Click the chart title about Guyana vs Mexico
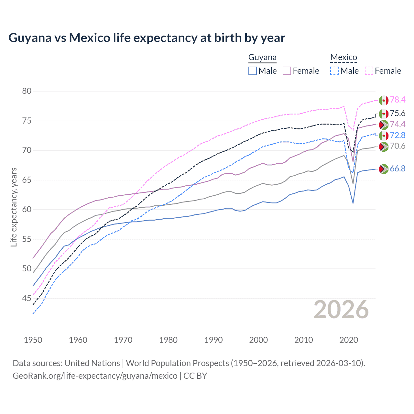pyautogui.click(x=147, y=38)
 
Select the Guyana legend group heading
pyautogui.click(x=262, y=58)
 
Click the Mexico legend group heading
pyautogui.click(x=343, y=58)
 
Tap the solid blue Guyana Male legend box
pyautogui.click(x=253, y=71)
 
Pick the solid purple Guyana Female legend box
pyautogui.click(x=287, y=71)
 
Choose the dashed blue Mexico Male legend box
pyautogui.click(x=334, y=71)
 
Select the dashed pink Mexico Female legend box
pyautogui.click(x=369, y=71)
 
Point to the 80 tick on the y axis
pyautogui.click(x=27, y=91)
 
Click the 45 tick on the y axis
pyautogui.click(x=27, y=298)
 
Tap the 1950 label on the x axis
pyautogui.click(x=33, y=340)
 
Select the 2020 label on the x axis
pyautogui.click(x=349, y=340)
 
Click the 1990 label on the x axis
pyautogui.click(x=213, y=340)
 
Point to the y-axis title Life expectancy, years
pyautogui.click(x=14, y=207)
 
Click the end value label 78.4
pyautogui.click(x=398, y=100)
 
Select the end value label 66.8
pyautogui.click(x=398, y=169)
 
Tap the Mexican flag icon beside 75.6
pyautogui.click(x=384, y=114)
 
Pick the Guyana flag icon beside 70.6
pyautogui.click(x=384, y=146)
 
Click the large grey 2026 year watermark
pyautogui.click(x=341, y=310)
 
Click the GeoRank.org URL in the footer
pyautogui.click(x=95, y=376)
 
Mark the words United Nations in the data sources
pyautogui.click(x=92, y=363)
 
